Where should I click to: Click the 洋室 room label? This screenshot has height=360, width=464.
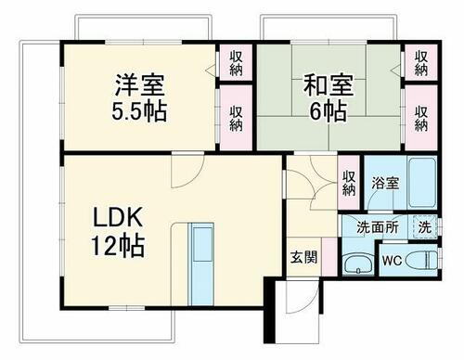(140, 86)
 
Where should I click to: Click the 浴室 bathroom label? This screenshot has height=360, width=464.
(385, 184)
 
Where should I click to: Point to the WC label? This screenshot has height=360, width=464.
(393, 261)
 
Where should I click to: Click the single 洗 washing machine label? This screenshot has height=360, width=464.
(423, 225)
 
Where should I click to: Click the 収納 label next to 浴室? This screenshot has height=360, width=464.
(348, 181)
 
